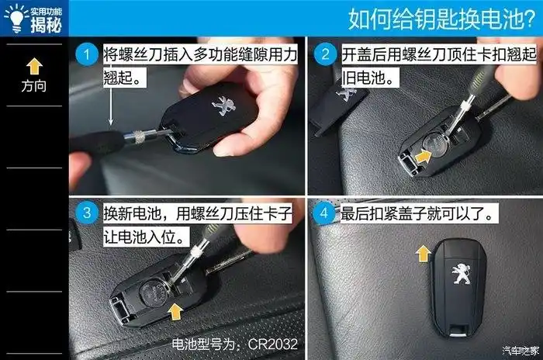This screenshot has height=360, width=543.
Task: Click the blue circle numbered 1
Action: click(x=87, y=55)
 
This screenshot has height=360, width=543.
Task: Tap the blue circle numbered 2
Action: click(x=326, y=55)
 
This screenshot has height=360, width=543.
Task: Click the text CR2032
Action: click(x=271, y=343)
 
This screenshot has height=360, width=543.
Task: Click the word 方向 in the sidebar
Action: click(x=34, y=85)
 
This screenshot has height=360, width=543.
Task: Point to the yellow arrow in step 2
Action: click(x=424, y=157)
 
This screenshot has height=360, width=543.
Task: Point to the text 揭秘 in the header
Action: click(x=46, y=25)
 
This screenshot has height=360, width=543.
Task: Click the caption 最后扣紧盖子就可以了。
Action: click(x=419, y=213)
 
